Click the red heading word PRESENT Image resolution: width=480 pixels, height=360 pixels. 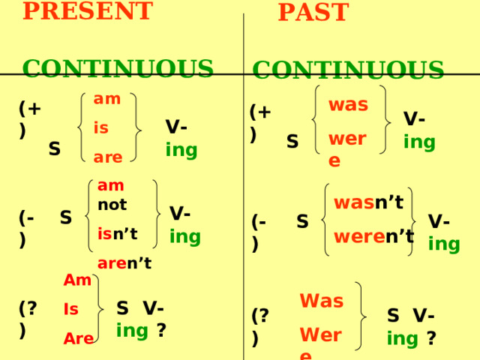coord(88,10)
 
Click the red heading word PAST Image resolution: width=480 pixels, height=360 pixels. coord(313,12)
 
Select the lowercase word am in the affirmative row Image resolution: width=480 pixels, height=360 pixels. coord(107,99)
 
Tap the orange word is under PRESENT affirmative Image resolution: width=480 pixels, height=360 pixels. coord(101,127)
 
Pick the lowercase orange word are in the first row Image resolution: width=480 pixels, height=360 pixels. coord(108,157)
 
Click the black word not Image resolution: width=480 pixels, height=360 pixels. coord(112,205)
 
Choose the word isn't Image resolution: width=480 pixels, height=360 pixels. coord(118,234)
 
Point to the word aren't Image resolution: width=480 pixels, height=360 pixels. coord(124,263)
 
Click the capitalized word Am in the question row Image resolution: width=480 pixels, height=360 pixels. coord(77,280)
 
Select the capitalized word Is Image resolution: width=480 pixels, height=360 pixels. coord(71,309)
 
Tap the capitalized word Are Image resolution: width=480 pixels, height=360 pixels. coord(79,338)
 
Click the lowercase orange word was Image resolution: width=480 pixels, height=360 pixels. coord(348,105)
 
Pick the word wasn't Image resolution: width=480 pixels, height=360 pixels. coord(369,202)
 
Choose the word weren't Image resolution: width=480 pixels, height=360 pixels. coord(374,236)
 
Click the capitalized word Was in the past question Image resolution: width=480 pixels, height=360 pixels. coord(322,301)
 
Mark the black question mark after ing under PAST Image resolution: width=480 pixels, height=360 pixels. coord(431,338)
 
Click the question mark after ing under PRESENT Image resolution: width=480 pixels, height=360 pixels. coord(161,330)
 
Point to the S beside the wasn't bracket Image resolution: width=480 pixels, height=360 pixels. coord(302,221)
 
